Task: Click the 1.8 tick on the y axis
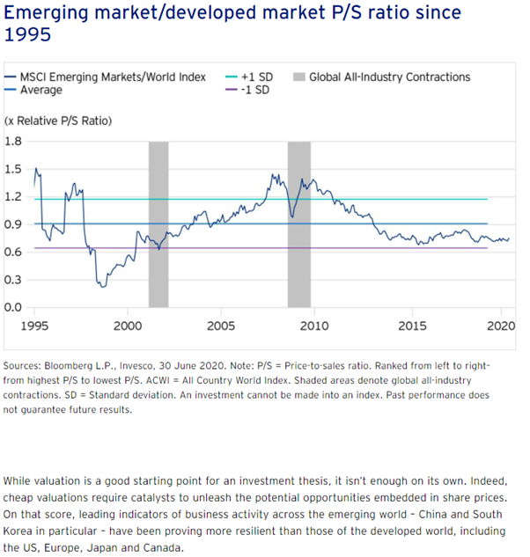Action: click(x=13, y=141)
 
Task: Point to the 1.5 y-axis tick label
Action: click(x=13, y=169)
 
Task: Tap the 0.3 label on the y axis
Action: click(x=13, y=280)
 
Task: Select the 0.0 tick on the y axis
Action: click(x=13, y=307)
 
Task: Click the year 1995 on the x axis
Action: click(x=35, y=326)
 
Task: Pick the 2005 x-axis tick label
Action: click(x=221, y=326)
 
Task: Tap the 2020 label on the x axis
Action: click(x=500, y=326)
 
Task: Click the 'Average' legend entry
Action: click(x=40, y=90)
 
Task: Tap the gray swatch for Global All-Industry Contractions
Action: click(x=299, y=77)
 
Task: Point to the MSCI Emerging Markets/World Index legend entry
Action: click(x=112, y=77)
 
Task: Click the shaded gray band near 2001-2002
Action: click(x=158, y=224)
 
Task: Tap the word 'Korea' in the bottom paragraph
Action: click(x=18, y=531)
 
